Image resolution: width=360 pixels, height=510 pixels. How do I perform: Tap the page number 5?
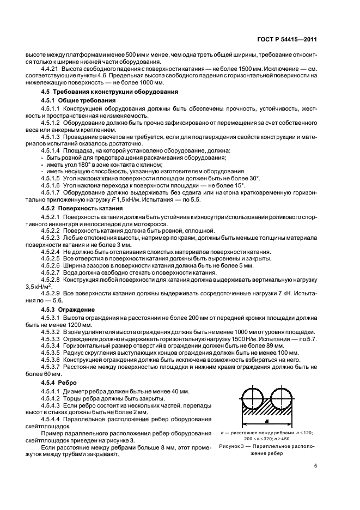pos(315,465)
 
